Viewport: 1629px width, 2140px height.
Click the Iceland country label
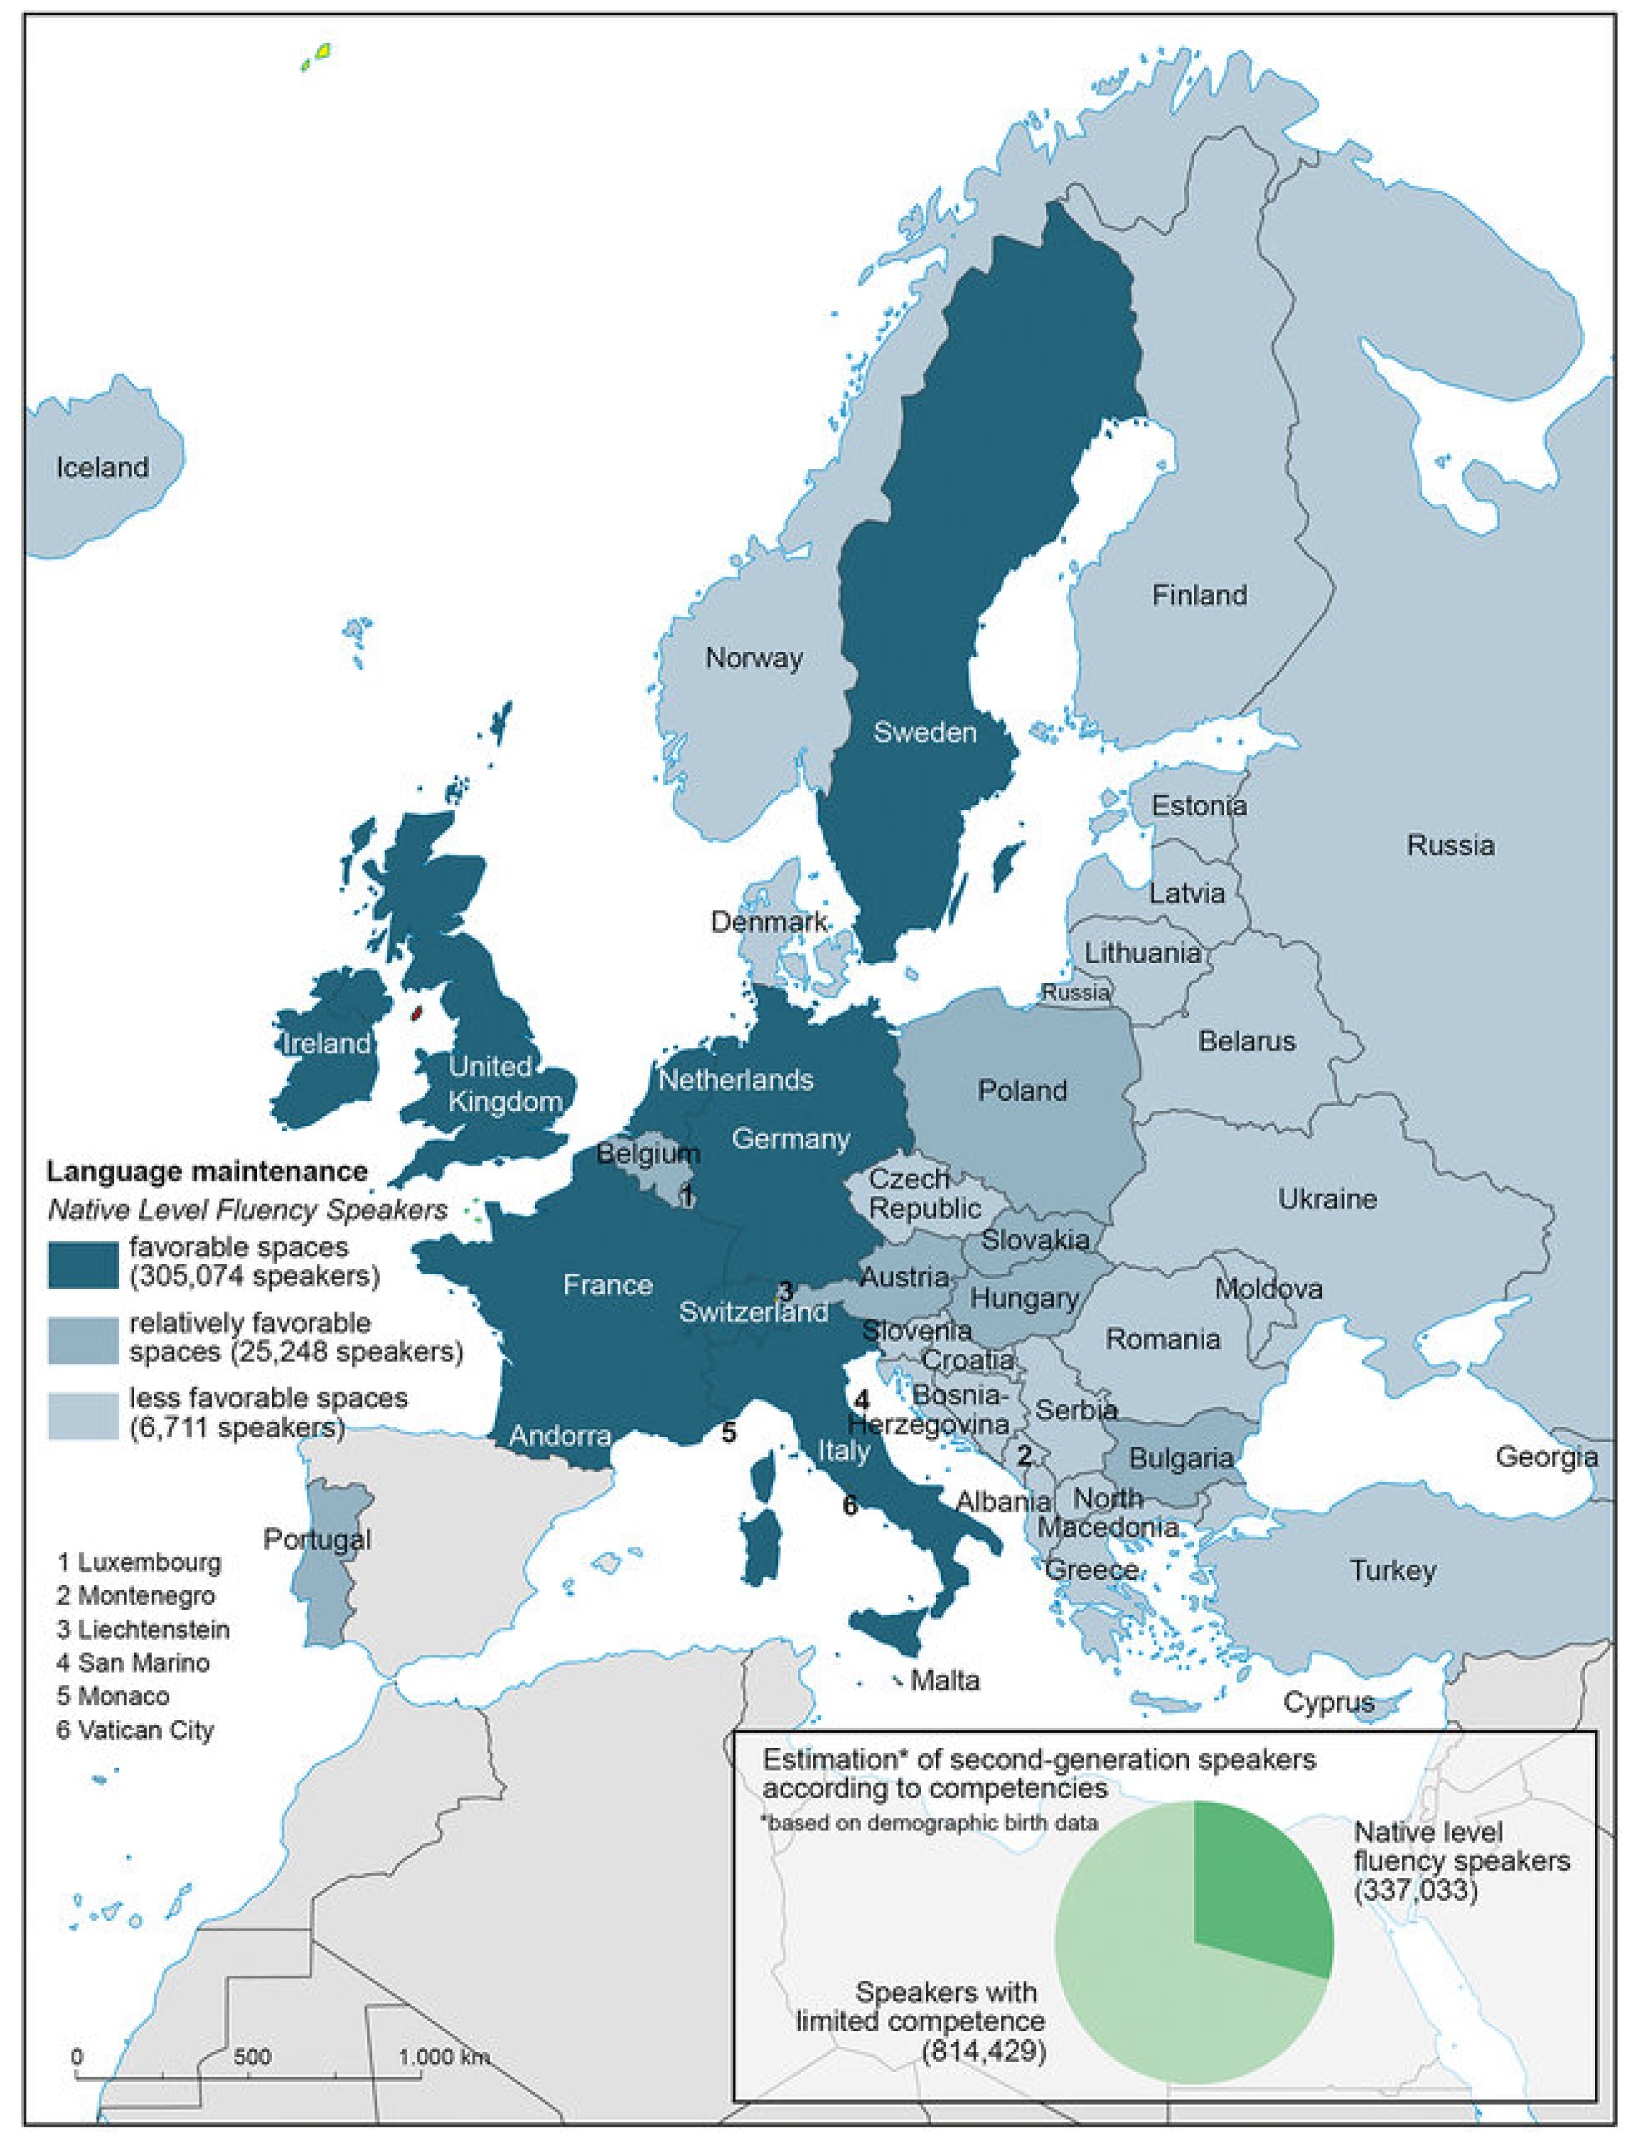(102, 468)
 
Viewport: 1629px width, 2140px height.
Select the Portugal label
(317, 1539)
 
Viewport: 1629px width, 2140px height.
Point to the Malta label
(944, 1679)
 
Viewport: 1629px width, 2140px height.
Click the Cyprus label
(1328, 1702)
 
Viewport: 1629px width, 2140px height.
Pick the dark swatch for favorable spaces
(83, 1263)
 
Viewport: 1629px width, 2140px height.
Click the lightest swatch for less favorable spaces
(83, 1415)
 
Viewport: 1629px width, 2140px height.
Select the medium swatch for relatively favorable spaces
(83, 1338)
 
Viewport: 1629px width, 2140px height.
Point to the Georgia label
(1546, 1456)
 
